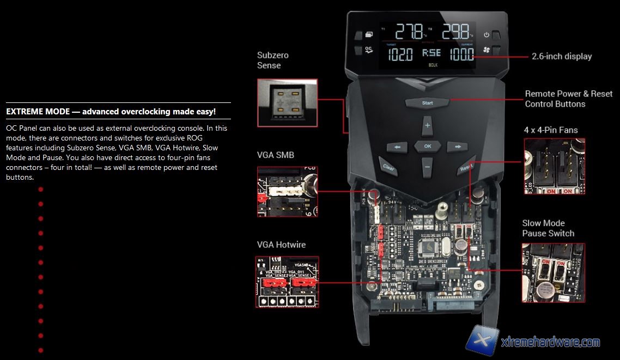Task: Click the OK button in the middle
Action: [427, 146]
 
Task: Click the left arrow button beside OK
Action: [397, 147]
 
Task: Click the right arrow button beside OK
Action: [457, 147]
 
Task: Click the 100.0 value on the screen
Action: [461, 54]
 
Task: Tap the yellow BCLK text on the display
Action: [433, 65]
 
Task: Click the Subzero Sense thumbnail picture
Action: [287, 101]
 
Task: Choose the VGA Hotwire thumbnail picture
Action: [287, 282]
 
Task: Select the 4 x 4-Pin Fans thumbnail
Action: [554, 167]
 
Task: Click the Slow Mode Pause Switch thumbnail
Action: [554, 272]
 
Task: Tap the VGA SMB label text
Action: [275, 155]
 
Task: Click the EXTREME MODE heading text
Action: [111, 112]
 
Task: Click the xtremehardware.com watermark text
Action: [550, 343]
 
